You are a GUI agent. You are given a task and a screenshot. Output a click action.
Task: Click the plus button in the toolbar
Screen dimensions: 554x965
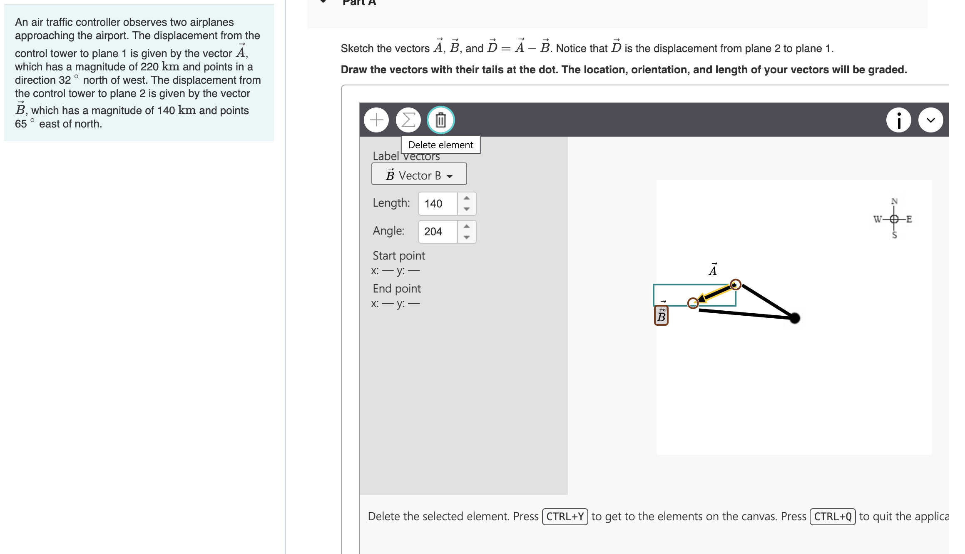(376, 120)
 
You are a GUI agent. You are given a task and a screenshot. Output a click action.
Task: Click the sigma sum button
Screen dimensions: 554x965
(408, 120)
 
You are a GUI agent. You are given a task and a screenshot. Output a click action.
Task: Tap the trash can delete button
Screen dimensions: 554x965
(440, 120)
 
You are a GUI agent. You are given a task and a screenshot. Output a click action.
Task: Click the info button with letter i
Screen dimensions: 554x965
(898, 120)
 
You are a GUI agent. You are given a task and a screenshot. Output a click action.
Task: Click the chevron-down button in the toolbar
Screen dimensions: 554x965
(930, 120)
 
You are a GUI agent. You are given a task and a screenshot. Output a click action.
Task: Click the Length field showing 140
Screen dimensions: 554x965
(438, 204)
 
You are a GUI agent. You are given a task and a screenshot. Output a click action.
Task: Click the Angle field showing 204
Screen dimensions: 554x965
(438, 232)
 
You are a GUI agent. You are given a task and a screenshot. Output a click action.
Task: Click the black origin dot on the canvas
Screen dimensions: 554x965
(794, 318)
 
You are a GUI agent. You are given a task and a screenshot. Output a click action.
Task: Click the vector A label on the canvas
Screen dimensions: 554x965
(713, 270)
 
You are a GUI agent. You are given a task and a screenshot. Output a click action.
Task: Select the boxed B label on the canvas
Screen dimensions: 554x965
(661, 316)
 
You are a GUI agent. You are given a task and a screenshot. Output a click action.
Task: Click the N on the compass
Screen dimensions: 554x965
(894, 202)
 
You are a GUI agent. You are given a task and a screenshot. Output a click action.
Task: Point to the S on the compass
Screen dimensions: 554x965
(894, 235)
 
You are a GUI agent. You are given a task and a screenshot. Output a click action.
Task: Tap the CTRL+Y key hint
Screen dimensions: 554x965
(565, 517)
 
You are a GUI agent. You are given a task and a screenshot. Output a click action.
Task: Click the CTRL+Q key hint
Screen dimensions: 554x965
(833, 517)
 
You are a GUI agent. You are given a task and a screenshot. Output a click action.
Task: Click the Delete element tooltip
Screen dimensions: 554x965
(440, 145)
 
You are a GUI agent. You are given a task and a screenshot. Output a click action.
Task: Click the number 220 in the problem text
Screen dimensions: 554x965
(149, 67)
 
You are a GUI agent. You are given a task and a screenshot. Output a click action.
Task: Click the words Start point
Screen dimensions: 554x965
(399, 255)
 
